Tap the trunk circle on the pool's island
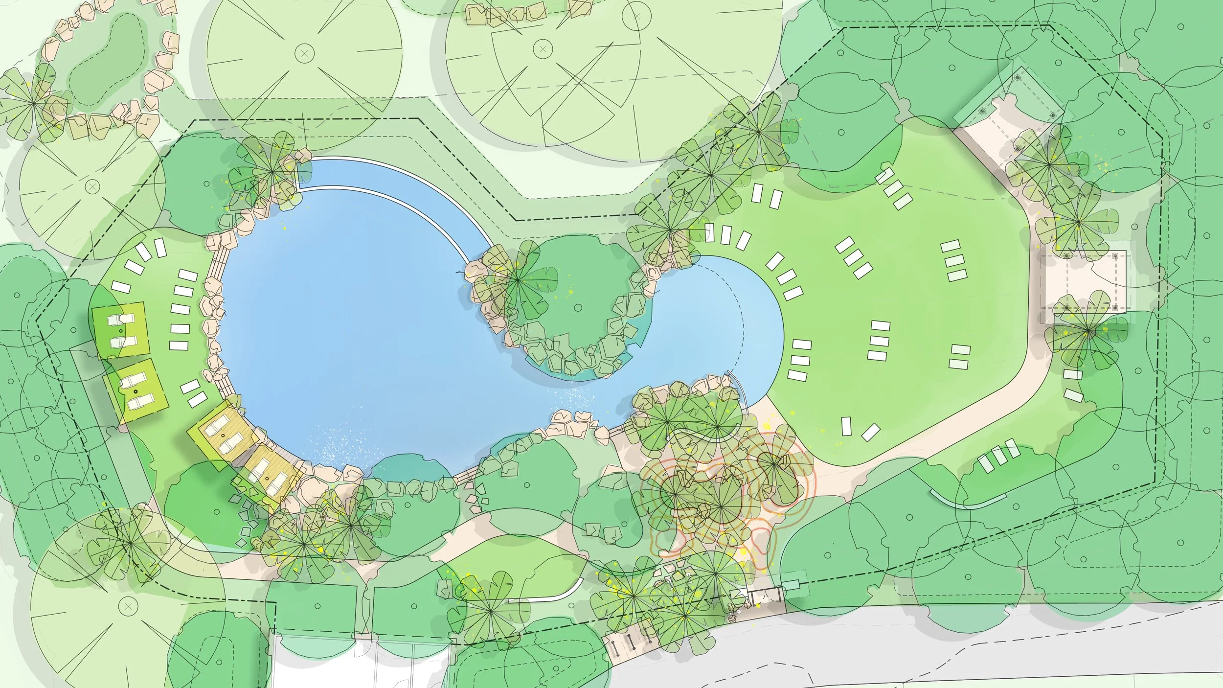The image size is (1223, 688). coord(578,307)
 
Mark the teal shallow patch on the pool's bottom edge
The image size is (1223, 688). coord(411,467)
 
